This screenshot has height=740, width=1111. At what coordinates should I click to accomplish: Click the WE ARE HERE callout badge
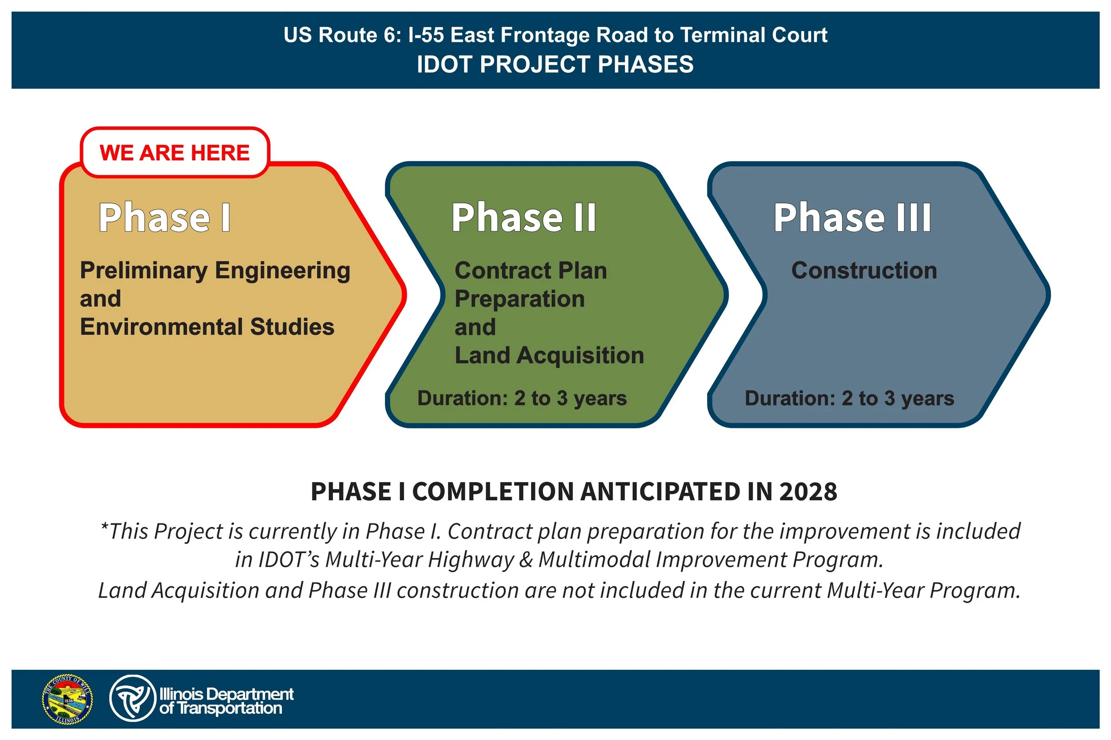(174, 152)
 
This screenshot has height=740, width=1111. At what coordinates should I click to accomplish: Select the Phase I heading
(164, 218)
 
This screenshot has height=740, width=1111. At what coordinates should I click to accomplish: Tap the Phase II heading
(524, 218)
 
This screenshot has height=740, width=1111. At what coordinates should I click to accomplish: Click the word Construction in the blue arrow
(864, 270)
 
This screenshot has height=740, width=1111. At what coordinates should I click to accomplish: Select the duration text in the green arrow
(522, 398)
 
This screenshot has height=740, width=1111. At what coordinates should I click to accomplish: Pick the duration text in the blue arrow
(849, 398)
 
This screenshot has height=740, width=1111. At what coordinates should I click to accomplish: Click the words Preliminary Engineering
(215, 270)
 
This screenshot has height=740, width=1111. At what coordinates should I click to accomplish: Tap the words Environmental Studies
(207, 327)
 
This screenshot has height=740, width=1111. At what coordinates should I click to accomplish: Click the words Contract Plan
(531, 270)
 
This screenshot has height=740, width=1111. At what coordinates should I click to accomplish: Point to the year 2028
(808, 492)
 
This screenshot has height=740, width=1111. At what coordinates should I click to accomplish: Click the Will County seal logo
(68, 699)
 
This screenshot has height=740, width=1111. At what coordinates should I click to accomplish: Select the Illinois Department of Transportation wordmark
(226, 701)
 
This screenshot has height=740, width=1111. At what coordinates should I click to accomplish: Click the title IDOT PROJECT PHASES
(555, 64)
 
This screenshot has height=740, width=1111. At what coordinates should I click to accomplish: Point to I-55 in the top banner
(426, 36)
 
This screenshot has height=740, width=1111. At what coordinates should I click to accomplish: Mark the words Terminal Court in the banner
(753, 36)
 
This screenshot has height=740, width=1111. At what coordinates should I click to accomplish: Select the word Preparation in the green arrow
(520, 299)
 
